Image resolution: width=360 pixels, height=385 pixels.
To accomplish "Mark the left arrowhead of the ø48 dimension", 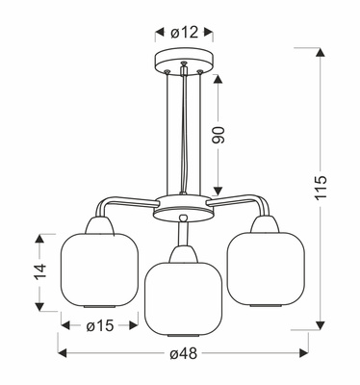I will [x=62, y=353].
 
